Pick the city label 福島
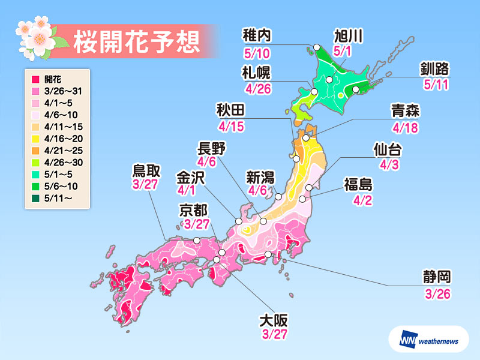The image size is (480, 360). (360, 184)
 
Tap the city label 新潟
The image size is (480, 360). (262, 176)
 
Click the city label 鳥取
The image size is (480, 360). (146, 171)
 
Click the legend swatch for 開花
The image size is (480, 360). (35, 79)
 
